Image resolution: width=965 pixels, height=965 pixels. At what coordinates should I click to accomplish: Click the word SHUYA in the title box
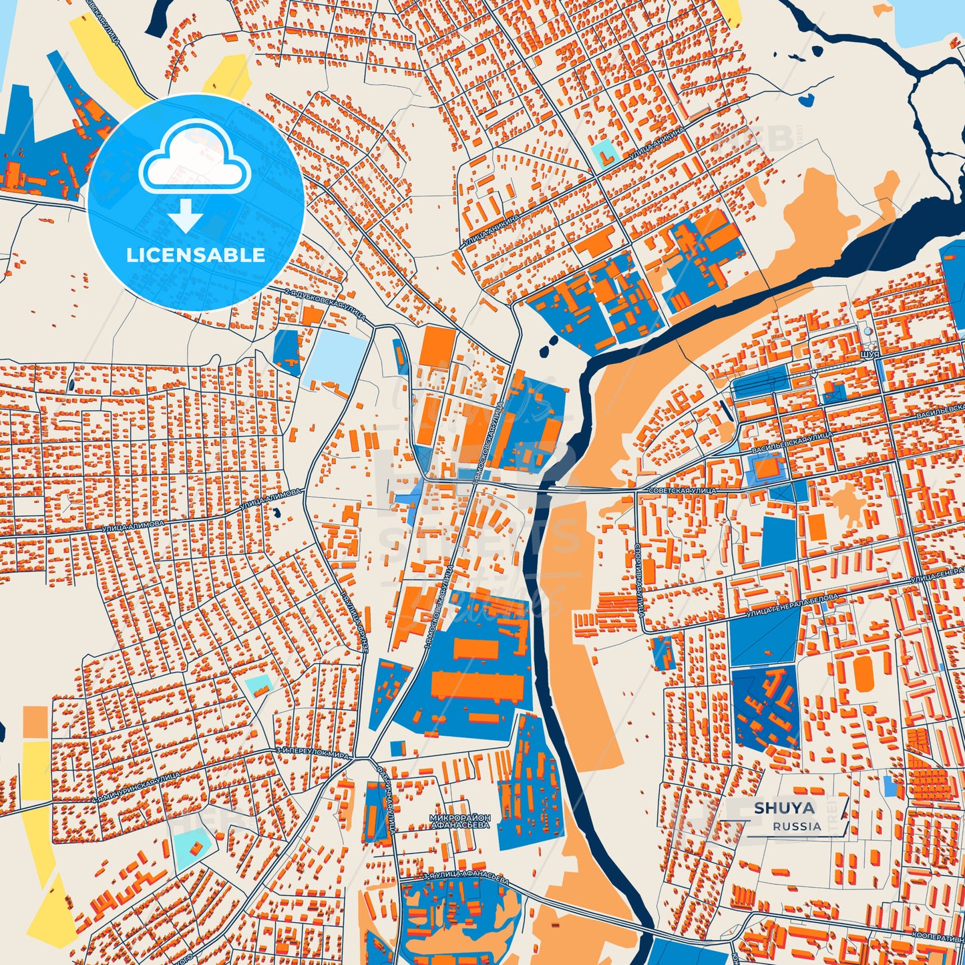pyautogui.click(x=784, y=808)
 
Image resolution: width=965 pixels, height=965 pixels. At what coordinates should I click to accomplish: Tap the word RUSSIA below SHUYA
pyautogui.click(x=797, y=826)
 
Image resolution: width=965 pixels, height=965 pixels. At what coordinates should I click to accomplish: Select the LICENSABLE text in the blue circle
pyautogui.click(x=196, y=255)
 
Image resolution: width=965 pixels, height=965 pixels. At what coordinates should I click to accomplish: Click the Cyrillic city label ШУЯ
pyautogui.click(x=870, y=355)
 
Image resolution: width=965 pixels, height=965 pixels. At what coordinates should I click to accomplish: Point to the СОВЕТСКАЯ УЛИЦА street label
pyautogui.click(x=682, y=491)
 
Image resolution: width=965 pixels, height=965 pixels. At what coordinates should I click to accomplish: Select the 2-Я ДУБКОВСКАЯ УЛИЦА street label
pyautogui.click(x=325, y=305)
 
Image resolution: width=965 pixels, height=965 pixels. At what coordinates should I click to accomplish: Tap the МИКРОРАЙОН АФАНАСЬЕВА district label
pyautogui.click(x=460, y=821)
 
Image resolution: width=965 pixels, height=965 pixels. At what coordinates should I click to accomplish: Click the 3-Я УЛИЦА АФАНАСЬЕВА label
pyautogui.click(x=465, y=880)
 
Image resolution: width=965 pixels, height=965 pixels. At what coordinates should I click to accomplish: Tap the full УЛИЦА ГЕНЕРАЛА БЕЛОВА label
pyautogui.click(x=791, y=603)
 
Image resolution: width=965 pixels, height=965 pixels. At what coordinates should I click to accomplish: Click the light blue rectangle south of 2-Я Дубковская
pyautogui.click(x=336, y=359)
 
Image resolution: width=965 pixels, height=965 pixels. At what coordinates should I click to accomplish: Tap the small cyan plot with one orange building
pyautogui.click(x=193, y=849)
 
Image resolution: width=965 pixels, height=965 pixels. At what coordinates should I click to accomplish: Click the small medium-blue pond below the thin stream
pyautogui.click(x=806, y=100)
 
